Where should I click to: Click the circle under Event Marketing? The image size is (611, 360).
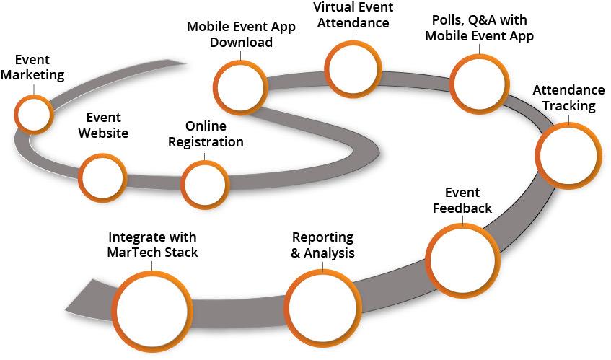click(x=34, y=114)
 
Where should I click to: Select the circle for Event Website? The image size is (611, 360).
click(x=102, y=177)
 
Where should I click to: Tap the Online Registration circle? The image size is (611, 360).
click(x=205, y=184)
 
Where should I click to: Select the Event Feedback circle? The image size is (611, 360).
click(x=462, y=259)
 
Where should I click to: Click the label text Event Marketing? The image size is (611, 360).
click(x=32, y=67)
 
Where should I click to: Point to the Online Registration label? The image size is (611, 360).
click(x=206, y=134)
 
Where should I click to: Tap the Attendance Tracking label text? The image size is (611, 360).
click(x=568, y=98)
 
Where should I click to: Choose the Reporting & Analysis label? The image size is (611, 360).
click(x=322, y=245)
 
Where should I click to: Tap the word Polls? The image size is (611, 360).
click(x=447, y=20)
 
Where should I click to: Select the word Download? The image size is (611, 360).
click(x=241, y=43)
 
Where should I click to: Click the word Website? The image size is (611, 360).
click(x=103, y=133)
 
